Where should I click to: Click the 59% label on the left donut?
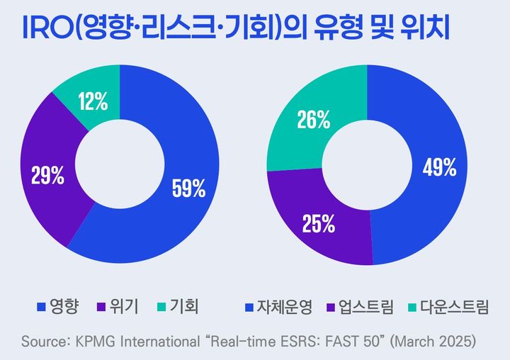tap(188, 189)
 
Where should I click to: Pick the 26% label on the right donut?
tap(314, 120)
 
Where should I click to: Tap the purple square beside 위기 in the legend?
tap(110, 307)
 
